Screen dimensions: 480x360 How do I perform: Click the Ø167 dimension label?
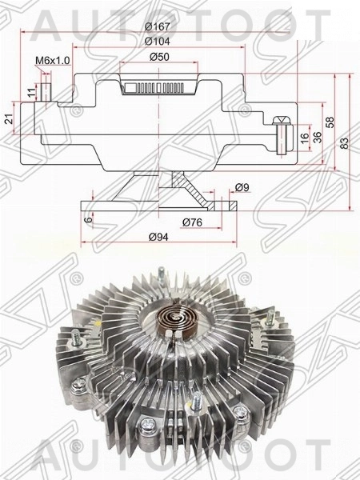click(x=156, y=24)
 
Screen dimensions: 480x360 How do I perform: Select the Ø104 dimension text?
click(x=156, y=40)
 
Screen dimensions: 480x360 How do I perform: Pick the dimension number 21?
click(x=9, y=119)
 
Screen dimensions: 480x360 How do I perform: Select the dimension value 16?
click(x=304, y=137)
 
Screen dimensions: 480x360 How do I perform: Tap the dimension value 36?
click(x=317, y=137)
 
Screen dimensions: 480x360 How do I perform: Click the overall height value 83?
click(x=346, y=142)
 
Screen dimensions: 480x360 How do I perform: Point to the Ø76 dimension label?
click(x=190, y=221)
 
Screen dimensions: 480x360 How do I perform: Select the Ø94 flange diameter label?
click(x=156, y=238)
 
